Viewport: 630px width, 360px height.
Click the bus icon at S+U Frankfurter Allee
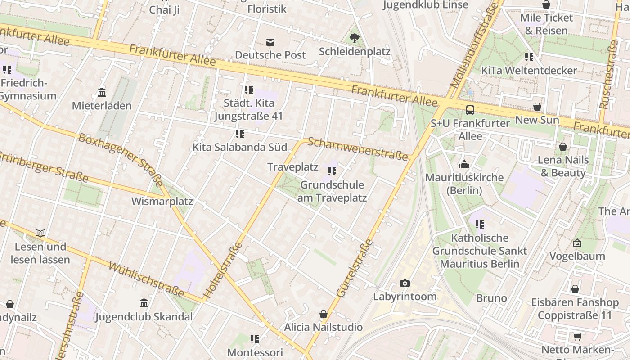[x=470, y=110]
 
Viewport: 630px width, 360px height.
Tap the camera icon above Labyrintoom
[x=405, y=283]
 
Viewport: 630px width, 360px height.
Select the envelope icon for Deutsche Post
[x=270, y=42]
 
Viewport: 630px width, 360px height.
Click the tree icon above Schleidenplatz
[x=355, y=38]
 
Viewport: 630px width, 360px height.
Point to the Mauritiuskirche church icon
[x=464, y=164]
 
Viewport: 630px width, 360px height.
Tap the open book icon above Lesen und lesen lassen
[x=40, y=233]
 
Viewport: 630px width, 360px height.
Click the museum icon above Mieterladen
[x=102, y=93]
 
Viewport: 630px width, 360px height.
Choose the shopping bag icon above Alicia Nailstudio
[x=323, y=314]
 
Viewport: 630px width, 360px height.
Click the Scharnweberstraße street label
[x=358, y=149]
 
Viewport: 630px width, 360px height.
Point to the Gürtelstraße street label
[x=355, y=269]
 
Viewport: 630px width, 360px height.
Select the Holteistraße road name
[x=223, y=271]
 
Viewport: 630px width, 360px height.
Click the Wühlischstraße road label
[x=147, y=280]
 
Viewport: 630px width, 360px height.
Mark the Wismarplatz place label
[x=162, y=201]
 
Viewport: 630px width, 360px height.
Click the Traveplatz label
[x=292, y=167]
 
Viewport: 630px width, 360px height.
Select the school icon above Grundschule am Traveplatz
[x=332, y=171]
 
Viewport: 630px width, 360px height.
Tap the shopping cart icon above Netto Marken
[x=577, y=337]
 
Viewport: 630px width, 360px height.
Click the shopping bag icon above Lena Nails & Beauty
[x=562, y=147]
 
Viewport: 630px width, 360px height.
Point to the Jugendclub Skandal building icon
[x=144, y=303]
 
